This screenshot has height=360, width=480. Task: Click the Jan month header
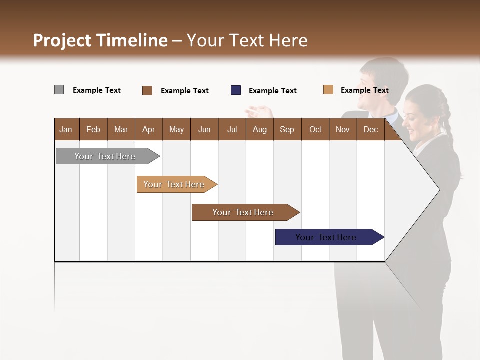pyautogui.click(x=66, y=129)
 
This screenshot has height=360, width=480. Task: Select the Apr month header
pyautogui.click(x=148, y=129)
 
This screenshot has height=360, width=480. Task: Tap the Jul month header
pyautogui.click(x=232, y=129)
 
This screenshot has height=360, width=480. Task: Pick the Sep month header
pyautogui.click(x=287, y=129)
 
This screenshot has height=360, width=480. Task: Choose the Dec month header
pyautogui.click(x=370, y=129)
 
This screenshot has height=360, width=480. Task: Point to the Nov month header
pyautogui.click(x=342, y=129)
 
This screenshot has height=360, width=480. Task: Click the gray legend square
pyautogui.click(x=59, y=90)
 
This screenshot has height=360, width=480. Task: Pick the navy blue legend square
pyautogui.click(x=236, y=90)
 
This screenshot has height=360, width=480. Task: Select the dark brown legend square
pyautogui.click(x=147, y=90)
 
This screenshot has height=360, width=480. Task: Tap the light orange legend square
pyautogui.click(x=328, y=90)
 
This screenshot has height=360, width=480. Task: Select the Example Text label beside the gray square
pyautogui.click(x=97, y=90)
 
